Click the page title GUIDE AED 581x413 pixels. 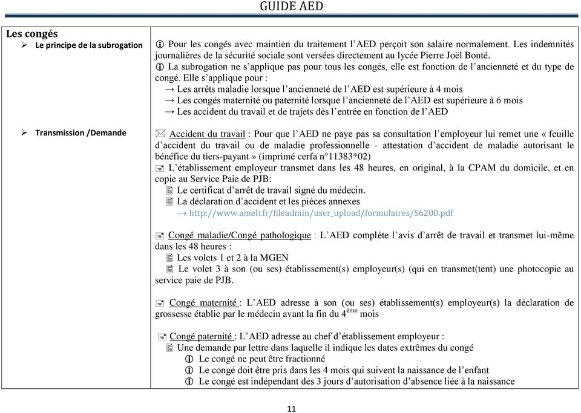pos(292,7)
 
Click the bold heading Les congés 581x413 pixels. pos(32,34)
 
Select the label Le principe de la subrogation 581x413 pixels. pos(89,45)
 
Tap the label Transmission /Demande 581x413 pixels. pos(80,132)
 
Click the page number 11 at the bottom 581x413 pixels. pos(292,409)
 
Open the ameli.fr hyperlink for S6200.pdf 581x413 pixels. pos(321,213)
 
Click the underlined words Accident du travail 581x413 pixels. pos(207,134)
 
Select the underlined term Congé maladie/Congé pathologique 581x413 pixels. pos(240,236)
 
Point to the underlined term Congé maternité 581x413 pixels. pos(203,303)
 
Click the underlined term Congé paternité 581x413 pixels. pos(201,336)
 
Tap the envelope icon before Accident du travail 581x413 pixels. pos(161,134)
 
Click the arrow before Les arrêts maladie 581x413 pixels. pos(169,89)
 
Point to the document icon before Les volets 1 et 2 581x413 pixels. pos(169,258)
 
